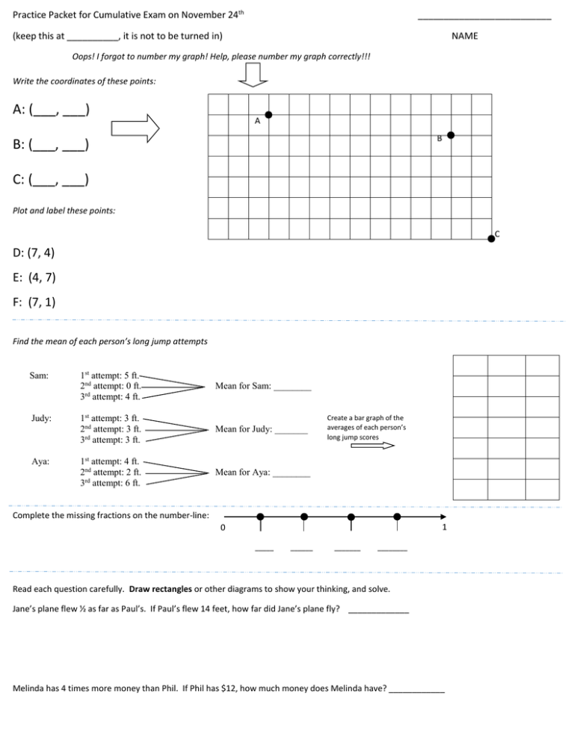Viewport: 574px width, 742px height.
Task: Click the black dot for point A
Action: pos(268,115)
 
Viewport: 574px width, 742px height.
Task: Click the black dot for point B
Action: pos(451,135)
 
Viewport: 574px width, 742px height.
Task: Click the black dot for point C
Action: pos(491,238)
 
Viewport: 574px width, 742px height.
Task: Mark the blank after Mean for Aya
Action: pos(291,473)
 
